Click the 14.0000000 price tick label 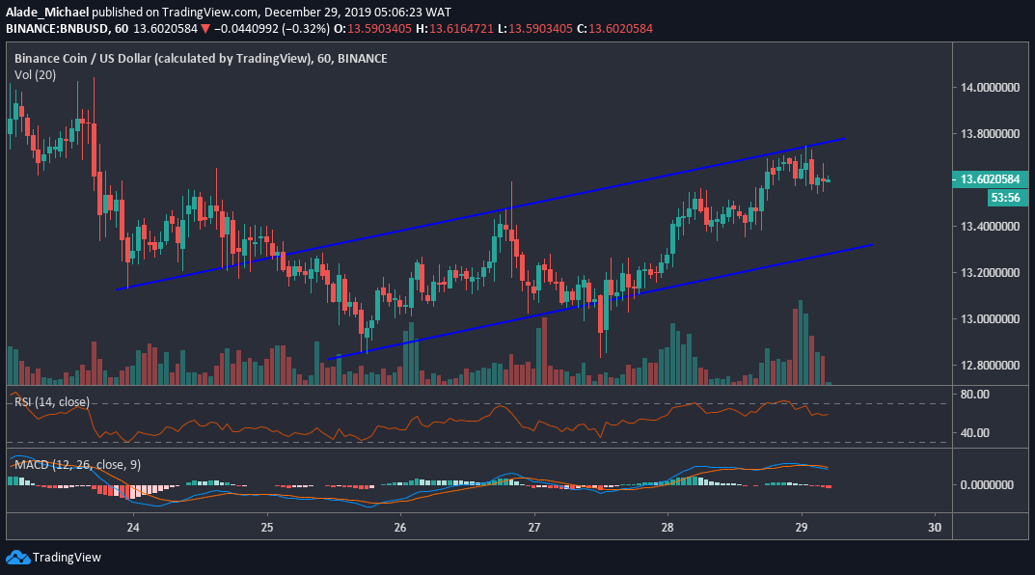[x=985, y=88]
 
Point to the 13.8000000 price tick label [x=985, y=134]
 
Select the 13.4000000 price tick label [x=985, y=227]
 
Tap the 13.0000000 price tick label [x=985, y=319]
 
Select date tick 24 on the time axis [x=133, y=527]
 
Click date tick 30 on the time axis [x=934, y=527]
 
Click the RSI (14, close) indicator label [x=52, y=401]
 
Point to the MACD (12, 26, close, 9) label [x=77, y=465]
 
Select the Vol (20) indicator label [x=34, y=74]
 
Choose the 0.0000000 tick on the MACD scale [x=985, y=484]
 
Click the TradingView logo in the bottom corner [x=54, y=558]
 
